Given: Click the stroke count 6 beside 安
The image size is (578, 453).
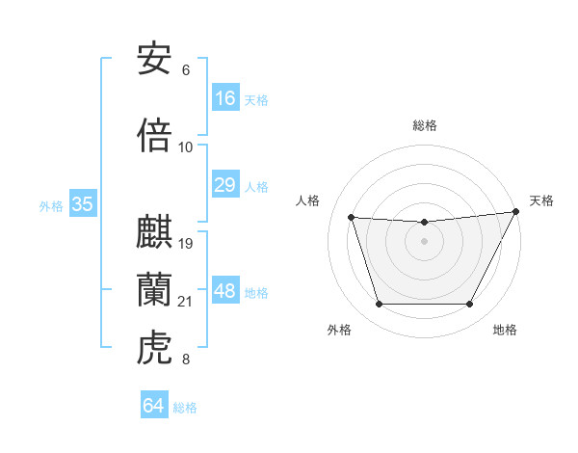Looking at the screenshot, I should click(x=186, y=70).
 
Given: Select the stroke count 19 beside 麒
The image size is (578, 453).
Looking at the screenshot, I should click(x=187, y=243).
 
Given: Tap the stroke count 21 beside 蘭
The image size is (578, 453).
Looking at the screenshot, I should click(x=187, y=302).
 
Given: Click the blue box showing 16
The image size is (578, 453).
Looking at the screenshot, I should click(x=225, y=98).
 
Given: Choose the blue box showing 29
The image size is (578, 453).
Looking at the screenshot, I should click(x=225, y=185).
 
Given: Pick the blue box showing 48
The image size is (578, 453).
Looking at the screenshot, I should click(x=225, y=291).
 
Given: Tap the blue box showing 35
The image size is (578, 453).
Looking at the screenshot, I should click(x=83, y=203).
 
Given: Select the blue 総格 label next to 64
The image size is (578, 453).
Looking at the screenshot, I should click(x=185, y=408).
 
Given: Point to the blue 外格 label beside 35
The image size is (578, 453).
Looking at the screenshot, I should click(x=51, y=205).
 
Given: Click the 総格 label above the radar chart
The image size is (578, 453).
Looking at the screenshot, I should click(x=425, y=125).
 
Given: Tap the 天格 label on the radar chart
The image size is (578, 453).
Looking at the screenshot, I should click(x=541, y=200).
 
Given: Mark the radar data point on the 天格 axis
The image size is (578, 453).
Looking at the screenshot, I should click(x=516, y=212).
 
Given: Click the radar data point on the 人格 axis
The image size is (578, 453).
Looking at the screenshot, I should click(x=351, y=218).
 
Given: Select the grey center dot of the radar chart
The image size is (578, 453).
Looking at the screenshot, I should click(x=424, y=241).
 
